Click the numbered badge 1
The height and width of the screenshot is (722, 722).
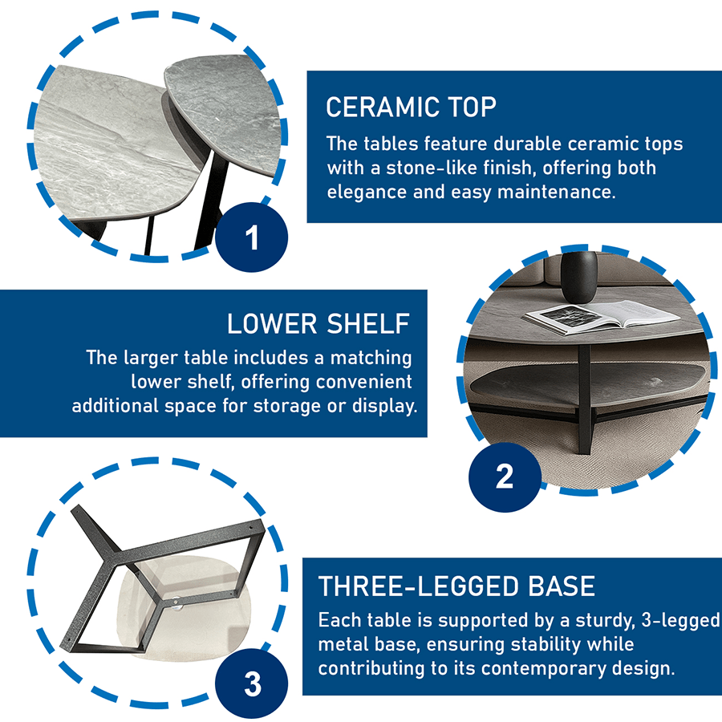click(251, 237)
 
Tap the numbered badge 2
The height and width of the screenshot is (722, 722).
click(505, 477)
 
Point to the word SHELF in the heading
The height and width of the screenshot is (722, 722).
click(368, 324)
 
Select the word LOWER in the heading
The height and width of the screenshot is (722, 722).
click(272, 324)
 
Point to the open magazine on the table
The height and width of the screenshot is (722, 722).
click(602, 316)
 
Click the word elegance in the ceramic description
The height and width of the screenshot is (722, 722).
click(367, 193)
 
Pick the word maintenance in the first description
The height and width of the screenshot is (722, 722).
click(556, 192)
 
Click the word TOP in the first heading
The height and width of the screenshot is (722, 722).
click(472, 107)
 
